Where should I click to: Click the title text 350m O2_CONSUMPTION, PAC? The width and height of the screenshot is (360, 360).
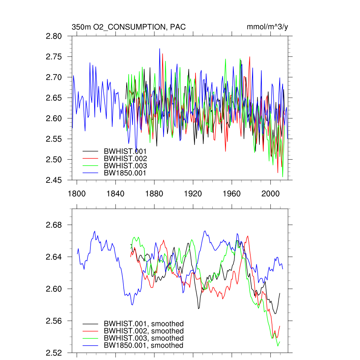click(x=128, y=27)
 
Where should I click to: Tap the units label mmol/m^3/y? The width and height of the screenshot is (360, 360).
click(x=268, y=27)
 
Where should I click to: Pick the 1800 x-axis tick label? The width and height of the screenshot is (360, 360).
click(x=77, y=193)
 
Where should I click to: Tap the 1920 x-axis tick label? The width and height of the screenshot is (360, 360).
click(x=193, y=193)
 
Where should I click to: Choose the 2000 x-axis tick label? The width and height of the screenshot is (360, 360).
click(x=270, y=193)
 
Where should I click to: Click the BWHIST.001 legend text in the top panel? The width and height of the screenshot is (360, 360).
click(x=125, y=152)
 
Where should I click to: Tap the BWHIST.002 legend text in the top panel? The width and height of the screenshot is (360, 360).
click(x=125, y=159)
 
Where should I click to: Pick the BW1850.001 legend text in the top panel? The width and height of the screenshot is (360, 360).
click(x=125, y=173)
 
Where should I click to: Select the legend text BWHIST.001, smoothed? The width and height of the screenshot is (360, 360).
click(x=143, y=324)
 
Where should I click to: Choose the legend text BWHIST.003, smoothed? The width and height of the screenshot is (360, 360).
click(x=143, y=338)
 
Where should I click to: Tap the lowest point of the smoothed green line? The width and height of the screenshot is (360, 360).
click(x=278, y=346)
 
